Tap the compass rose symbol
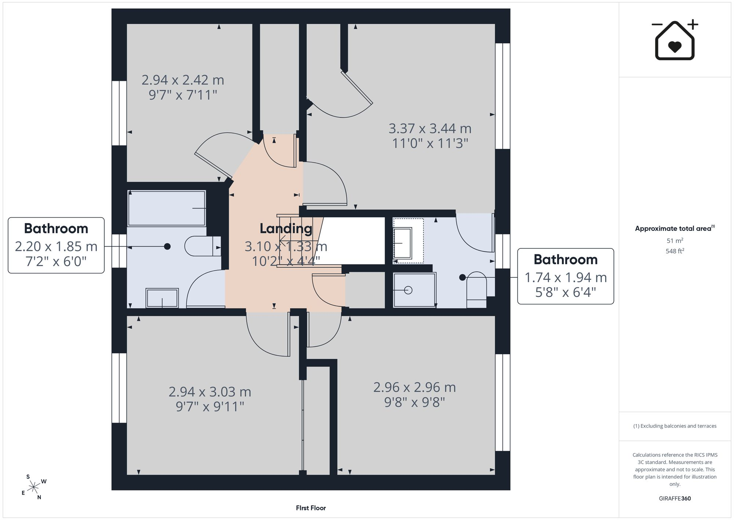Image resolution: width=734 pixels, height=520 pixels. pos(33,487)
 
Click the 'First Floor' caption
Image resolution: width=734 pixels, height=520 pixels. pos(311,508)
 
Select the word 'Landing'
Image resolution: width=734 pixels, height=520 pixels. pos(286,229)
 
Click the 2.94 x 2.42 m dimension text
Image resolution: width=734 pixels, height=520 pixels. pos(183,80)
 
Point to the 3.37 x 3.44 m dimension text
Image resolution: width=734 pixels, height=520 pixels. pos(430,129)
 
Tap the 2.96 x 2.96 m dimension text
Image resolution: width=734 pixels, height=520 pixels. pos(414,387)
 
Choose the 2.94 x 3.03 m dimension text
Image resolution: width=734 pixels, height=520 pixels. pos(210,392)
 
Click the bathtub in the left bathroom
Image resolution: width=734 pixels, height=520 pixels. pos(167,208)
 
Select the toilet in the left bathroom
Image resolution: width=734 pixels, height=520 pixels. pos(203,246)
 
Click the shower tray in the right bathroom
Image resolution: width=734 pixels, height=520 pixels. pos(414,290)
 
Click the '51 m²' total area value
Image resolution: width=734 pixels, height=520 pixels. pos(675,241)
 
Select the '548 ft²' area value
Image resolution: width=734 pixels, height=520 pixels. pos(675,251)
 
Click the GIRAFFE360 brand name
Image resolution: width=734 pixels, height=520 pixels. pos(675,499)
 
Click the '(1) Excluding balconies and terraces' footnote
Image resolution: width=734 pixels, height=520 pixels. pos(675,426)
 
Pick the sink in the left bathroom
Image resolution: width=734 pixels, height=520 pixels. pos(162,298)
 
